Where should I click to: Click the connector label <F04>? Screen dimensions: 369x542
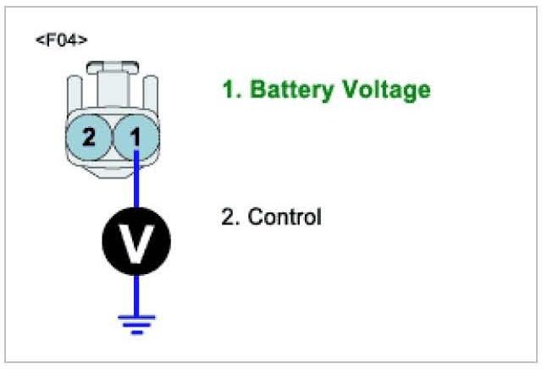pos(61,41)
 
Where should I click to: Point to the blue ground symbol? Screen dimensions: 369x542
pos(135,322)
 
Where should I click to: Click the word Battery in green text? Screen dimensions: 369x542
pos(283,90)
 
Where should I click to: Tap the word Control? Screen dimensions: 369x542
pos(284,217)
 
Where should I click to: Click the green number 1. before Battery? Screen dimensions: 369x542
pos(228,90)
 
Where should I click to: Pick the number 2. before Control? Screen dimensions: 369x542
pos(228,217)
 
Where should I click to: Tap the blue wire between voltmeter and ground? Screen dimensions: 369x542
pos(135,292)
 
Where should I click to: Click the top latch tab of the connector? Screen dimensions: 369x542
pos(112,69)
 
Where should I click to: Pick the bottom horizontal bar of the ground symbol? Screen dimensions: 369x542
pos(135,333)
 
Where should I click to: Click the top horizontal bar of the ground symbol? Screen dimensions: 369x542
pos(135,317)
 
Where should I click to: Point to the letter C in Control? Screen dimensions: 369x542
pos(255,217)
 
